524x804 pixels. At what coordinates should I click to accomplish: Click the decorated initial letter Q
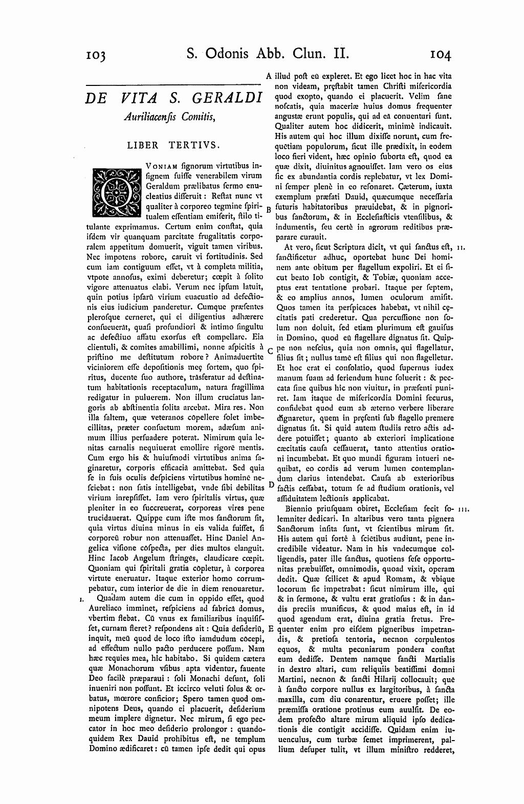tap(115, 190)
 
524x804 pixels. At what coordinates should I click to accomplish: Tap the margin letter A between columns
tap(269, 76)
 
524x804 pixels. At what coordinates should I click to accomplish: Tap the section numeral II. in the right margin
tap(461, 248)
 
